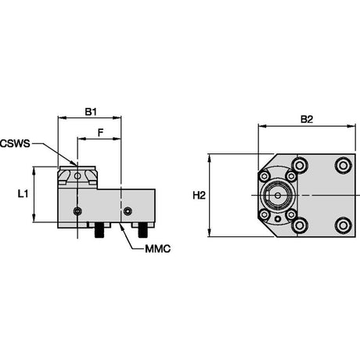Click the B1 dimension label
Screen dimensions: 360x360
(91, 112)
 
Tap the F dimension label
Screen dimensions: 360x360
(100, 133)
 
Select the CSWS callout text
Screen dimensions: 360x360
(15, 143)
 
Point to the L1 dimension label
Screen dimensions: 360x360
(23, 194)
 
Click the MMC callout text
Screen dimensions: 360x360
(158, 249)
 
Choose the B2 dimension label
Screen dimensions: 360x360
(307, 120)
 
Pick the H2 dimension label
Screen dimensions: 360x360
(199, 196)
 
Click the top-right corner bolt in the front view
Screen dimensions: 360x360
(343, 165)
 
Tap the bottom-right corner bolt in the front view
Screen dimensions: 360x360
(343, 225)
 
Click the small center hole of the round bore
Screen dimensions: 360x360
(278, 195)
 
